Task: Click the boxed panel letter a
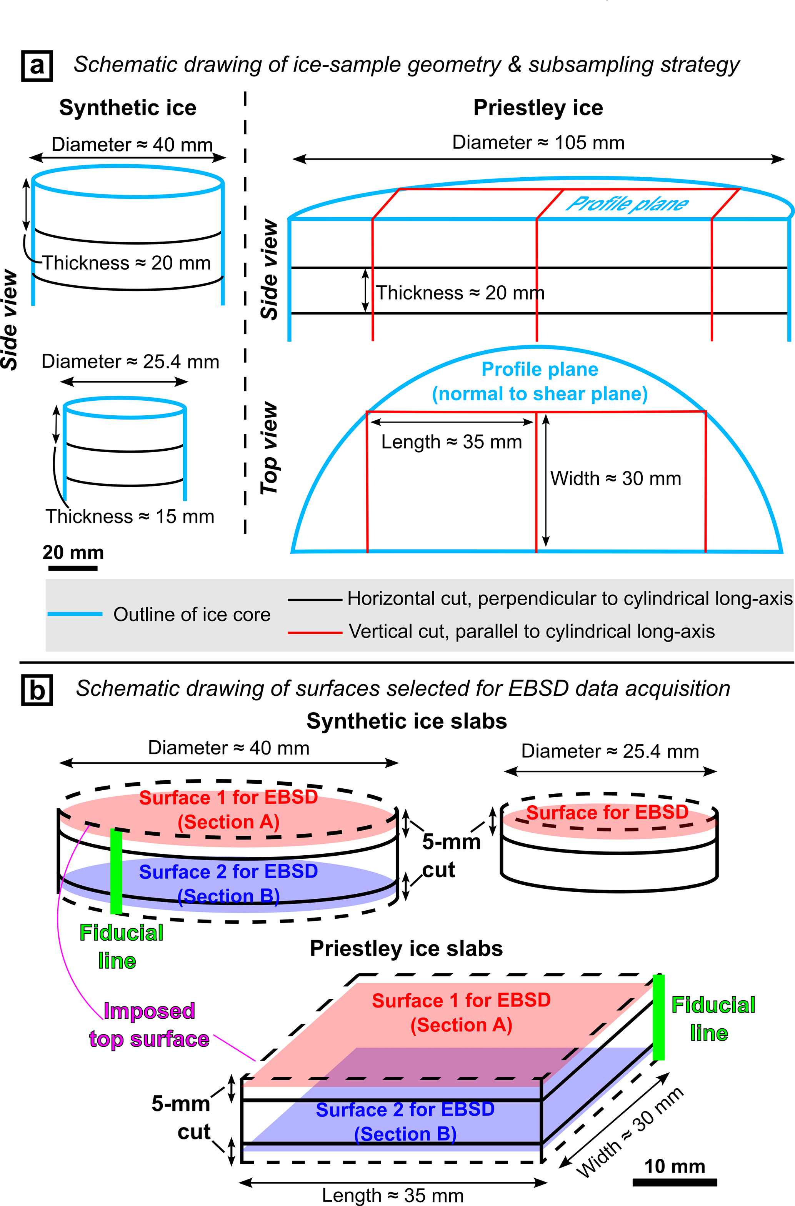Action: tap(37, 66)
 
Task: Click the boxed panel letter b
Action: tap(37, 690)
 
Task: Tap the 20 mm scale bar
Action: tap(73, 568)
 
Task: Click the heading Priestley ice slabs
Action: tap(406, 948)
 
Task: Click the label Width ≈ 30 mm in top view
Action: tap(615, 478)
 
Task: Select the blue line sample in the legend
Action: tap(75, 614)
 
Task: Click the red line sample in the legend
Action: tap(315, 632)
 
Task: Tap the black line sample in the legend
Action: tap(315, 600)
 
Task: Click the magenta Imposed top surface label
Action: tap(149, 1025)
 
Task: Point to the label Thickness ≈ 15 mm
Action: tap(130, 516)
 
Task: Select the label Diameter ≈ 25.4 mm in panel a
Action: tap(130, 361)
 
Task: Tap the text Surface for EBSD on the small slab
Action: tap(607, 812)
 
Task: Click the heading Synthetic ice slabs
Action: tap(407, 721)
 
